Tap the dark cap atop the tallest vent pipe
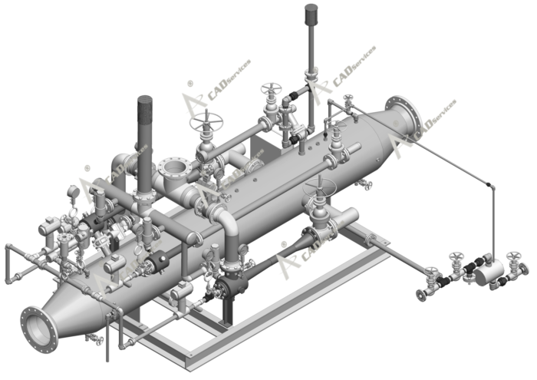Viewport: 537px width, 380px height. point(311,12)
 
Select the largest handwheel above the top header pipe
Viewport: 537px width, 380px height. point(206,121)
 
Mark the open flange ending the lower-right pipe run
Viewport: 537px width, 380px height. point(420,294)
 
